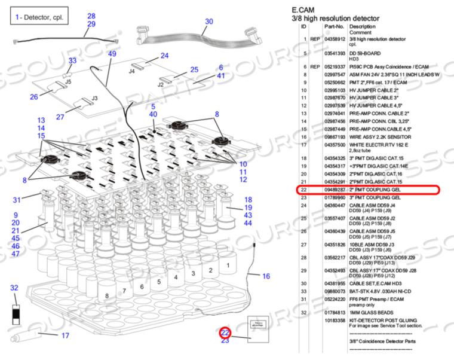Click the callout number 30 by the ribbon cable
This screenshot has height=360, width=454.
point(208,22)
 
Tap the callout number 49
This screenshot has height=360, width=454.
point(112,54)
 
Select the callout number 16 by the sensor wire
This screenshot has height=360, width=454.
point(266,276)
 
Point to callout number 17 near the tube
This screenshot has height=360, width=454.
point(65,335)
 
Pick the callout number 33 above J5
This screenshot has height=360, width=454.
point(72,61)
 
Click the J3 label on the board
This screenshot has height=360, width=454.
point(94,98)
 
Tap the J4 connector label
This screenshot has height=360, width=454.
point(131,71)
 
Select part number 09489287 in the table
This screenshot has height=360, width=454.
point(335,190)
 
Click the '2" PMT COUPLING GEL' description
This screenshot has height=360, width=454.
point(375,190)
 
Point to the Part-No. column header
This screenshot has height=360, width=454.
point(334,26)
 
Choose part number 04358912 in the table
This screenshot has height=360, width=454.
point(335,39)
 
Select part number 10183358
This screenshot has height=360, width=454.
point(335,320)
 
